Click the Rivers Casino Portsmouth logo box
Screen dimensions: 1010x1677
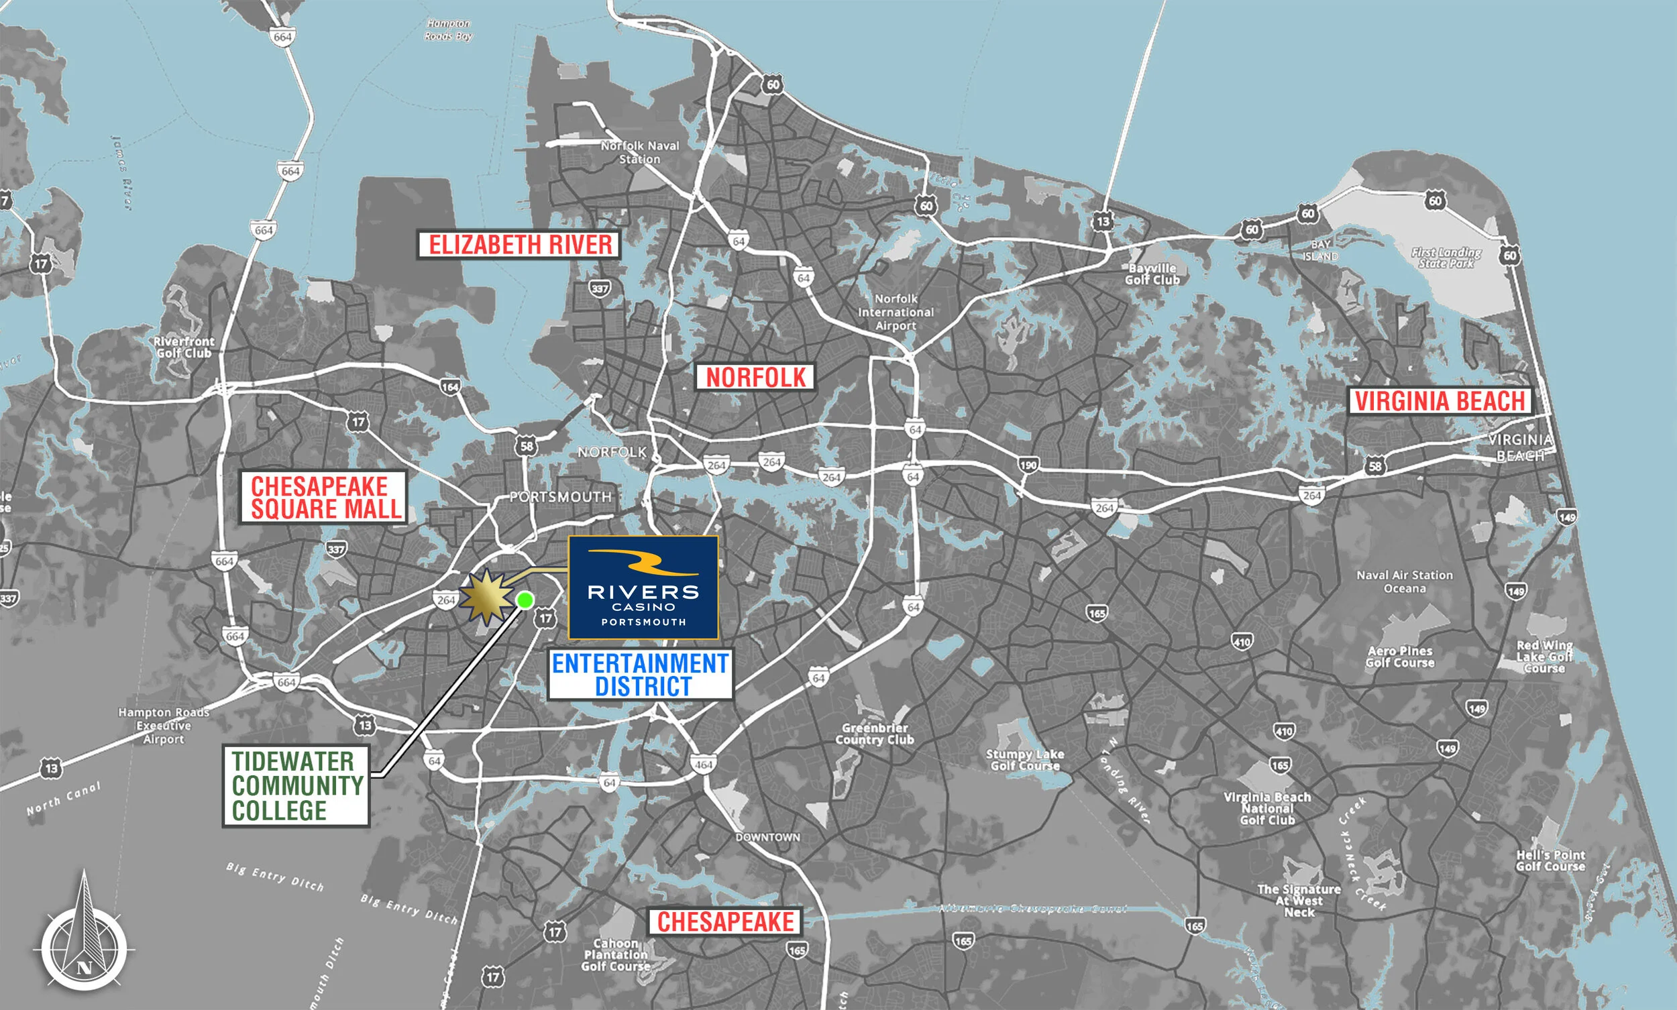tap(643, 587)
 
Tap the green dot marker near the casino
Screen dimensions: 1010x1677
tap(525, 600)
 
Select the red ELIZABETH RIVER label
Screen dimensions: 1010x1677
tap(519, 244)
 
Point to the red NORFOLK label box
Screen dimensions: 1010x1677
tap(755, 377)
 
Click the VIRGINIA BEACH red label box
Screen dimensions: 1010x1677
tap(1440, 401)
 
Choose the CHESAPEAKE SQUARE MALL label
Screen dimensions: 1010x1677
tap(324, 498)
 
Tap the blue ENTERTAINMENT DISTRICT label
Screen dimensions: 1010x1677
tap(641, 675)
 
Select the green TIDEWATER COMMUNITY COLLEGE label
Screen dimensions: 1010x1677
tap(296, 785)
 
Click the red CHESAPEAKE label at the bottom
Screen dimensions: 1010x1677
tap(725, 921)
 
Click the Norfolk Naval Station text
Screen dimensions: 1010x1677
tap(640, 152)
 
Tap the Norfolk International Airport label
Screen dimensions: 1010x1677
tap(896, 313)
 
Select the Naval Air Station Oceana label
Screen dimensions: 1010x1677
tap(1404, 582)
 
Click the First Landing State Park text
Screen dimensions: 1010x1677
tap(1446, 258)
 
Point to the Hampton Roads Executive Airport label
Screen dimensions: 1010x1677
tap(164, 726)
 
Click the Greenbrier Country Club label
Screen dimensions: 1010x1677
tap(875, 734)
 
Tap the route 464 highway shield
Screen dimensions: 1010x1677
tap(703, 765)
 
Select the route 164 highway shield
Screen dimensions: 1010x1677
tap(450, 387)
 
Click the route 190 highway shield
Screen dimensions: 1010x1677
tap(1028, 465)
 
